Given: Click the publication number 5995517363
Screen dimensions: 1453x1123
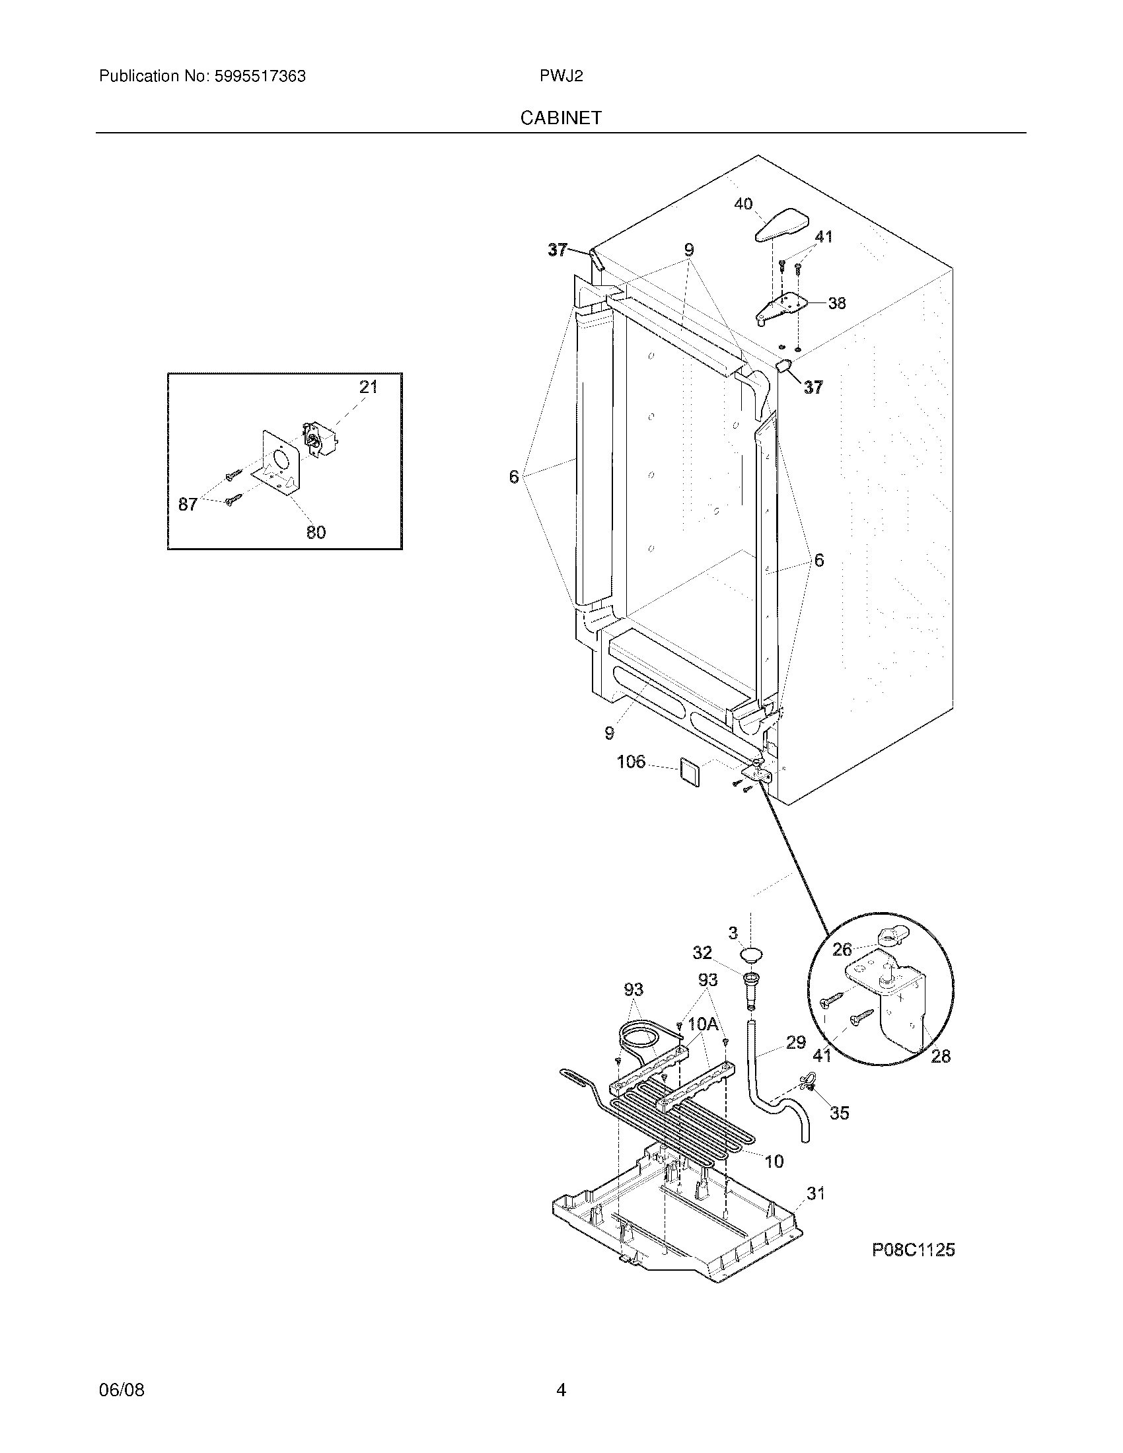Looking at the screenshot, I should pos(260,77).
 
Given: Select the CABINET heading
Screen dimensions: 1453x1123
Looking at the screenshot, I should pos(561,118).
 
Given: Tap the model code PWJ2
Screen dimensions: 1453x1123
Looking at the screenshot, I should pos(561,77).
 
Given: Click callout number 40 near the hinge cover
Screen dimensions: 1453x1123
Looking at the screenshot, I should pos(743,203).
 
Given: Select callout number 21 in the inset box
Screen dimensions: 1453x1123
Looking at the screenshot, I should pos(368,386).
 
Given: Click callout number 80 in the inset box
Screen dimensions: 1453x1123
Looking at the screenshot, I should pos(316,532).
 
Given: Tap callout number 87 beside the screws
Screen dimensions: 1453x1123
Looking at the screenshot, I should pos(188,505).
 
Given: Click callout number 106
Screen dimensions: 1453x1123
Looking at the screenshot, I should pos(631,761).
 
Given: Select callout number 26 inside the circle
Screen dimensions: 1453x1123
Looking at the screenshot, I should pos(842,949).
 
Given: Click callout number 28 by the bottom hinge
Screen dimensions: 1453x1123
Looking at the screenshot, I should pos(940,1056).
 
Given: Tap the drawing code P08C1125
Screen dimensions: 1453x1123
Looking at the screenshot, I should pos(913,1250).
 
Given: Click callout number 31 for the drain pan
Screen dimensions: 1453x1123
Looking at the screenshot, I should pos(816,1193).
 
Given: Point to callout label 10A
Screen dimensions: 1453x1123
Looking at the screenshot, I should pos(704,1024).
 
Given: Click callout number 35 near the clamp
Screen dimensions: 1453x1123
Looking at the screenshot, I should pos(840,1113).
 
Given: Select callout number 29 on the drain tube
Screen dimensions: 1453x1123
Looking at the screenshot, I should pos(796,1042).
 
